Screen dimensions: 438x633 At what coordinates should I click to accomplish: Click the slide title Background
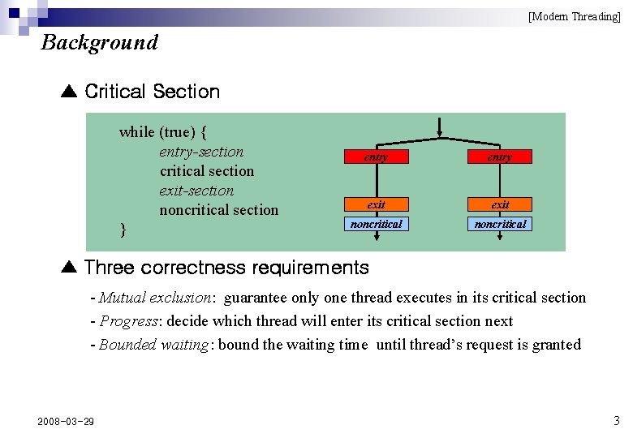99,42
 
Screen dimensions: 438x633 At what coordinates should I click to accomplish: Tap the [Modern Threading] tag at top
574,16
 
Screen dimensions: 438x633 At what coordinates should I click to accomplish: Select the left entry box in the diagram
376,157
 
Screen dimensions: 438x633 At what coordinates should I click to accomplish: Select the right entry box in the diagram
500,157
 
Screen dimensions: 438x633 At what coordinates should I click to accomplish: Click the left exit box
376,204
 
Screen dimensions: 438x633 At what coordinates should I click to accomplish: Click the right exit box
500,204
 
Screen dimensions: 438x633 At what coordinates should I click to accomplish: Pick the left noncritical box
376,223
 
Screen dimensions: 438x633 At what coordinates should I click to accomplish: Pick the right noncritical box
500,223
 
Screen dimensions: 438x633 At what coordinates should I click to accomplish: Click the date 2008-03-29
66,421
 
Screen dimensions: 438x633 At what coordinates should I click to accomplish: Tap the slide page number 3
616,420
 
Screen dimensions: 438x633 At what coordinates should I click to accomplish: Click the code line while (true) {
163,131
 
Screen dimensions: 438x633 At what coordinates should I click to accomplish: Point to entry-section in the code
201,152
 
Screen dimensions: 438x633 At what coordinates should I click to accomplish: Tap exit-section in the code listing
196,191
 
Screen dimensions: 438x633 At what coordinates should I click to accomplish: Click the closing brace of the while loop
123,230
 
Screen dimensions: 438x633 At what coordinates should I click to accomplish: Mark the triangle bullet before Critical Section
68,92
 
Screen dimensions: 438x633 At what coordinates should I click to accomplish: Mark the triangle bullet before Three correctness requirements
68,268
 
